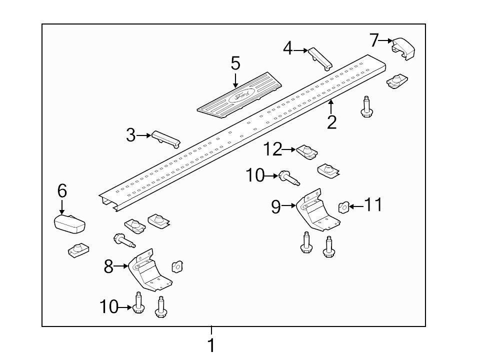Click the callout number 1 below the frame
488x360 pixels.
[211, 345]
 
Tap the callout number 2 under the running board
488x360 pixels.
[332, 121]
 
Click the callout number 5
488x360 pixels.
[235, 63]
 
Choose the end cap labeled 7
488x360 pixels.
[404, 49]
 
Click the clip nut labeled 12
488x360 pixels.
[307, 151]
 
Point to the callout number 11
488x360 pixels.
[373, 204]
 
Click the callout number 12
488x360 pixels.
[273, 149]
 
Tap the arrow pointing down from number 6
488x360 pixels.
[62, 206]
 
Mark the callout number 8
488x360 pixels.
[108, 267]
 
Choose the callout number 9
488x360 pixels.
[276, 206]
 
